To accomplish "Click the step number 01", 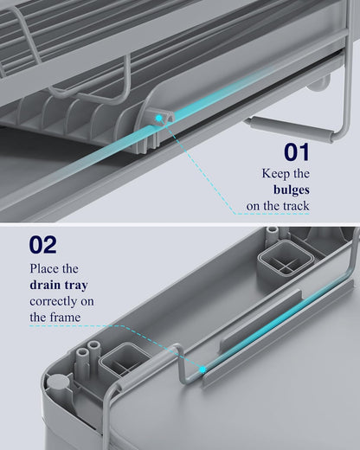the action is (297, 151).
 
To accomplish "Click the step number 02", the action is (42, 245).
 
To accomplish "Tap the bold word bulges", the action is (292, 190).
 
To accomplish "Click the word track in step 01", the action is (296, 206).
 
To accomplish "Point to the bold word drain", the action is (45, 285).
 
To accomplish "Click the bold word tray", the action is (76, 286).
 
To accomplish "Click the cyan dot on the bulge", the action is (158, 118).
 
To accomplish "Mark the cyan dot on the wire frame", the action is (202, 370).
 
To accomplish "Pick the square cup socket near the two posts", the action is (124, 361).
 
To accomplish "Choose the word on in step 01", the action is (254, 207).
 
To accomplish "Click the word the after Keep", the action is (301, 174).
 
